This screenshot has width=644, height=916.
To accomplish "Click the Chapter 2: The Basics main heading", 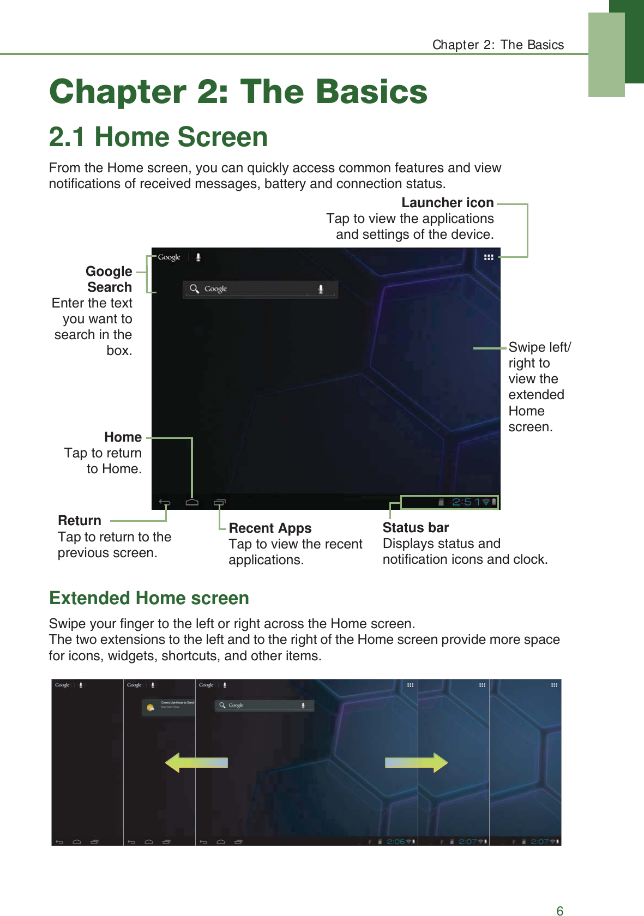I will [238, 92].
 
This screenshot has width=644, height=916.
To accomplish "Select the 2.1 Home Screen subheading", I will [158, 137].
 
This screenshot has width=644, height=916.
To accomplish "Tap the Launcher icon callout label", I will [447, 203].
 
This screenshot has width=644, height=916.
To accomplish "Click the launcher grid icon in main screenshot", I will [489, 257].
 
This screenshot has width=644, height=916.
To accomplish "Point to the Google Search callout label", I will [109, 279].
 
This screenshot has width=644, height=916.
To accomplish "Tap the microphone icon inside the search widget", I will [321, 289].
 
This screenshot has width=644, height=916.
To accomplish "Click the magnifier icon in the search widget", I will [194, 288].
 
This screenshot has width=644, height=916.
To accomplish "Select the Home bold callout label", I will [123, 437].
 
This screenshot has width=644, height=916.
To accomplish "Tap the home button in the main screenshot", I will [192, 502].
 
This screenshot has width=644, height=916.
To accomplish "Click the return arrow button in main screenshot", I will [165, 502].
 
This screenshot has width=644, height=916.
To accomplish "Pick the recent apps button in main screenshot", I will [220, 502].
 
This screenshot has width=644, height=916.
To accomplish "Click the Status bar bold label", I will [416, 528].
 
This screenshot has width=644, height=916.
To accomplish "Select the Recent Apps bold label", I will [270, 528].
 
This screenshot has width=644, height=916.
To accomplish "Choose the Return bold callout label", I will [80, 521].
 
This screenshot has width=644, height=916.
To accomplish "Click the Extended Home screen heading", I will [149, 598].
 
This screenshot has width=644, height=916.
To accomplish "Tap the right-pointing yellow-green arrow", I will [417, 762].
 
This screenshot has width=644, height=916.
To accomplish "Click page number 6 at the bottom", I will [559, 910].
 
